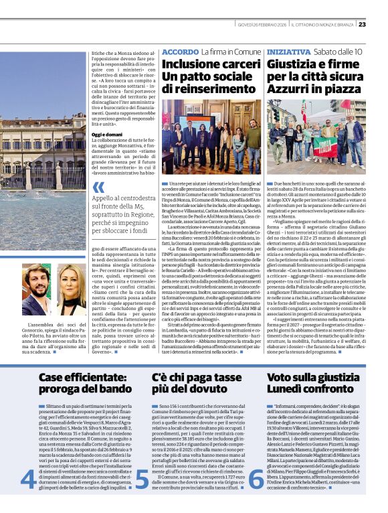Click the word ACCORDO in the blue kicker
tap(180, 52)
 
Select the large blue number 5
tap(142, 479)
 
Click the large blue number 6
tap(256, 479)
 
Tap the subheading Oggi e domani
tap(107, 135)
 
